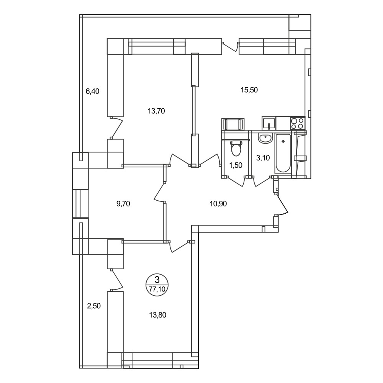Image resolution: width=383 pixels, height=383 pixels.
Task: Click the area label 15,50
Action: [249, 90]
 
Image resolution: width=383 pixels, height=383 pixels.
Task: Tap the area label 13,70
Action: [156, 111]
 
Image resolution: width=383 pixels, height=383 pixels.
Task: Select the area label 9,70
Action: [123, 203]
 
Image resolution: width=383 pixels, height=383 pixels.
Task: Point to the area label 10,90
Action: [218, 203]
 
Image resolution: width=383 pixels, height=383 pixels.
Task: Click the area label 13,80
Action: [157, 315]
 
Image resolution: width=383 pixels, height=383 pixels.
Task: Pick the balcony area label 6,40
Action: [92, 91]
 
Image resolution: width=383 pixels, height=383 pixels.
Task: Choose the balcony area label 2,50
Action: [94, 306]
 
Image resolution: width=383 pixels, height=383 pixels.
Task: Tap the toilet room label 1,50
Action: [236, 165]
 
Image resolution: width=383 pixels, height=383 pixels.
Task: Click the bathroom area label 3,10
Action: [263, 158]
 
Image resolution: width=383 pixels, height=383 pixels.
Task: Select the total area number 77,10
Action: [157, 289]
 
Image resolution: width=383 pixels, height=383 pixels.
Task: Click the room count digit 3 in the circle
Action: [157, 280]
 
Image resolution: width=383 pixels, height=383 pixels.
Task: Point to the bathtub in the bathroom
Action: [283, 154]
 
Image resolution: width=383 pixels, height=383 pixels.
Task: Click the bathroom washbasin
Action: [265, 139]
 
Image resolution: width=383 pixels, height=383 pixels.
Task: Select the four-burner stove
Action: [298, 123]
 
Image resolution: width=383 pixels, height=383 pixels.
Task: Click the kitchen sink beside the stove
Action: [269, 123]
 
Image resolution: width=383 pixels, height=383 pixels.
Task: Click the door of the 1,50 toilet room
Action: [236, 181]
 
